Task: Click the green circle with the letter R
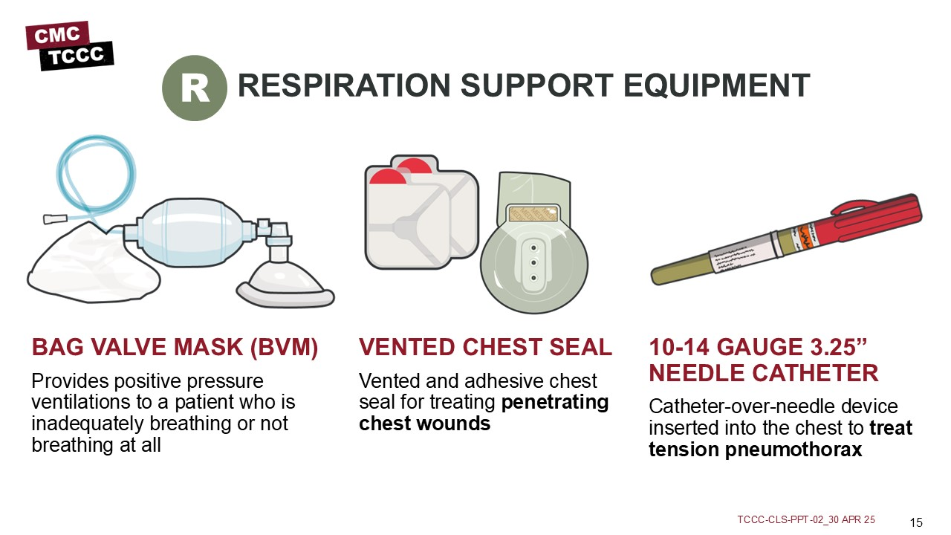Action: pyautogui.click(x=195, y=88)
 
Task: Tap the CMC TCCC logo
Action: pyautogui.click(x=70, y=46)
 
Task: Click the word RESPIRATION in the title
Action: pyautogui.click(x=344, y=85)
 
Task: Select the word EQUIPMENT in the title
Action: pyautogui.click(x=717, y=85)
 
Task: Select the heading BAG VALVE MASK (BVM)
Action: pyautogui.click(x=175, y=347)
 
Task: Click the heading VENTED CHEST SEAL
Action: pyautogui.click(x=485, y=347)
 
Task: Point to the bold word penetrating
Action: pyautogui.click(x=555, y=403)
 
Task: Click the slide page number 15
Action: pyautogui.click(x=916, y=522)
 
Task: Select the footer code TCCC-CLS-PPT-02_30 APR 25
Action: pyautogui.click(x=806, y=519)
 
